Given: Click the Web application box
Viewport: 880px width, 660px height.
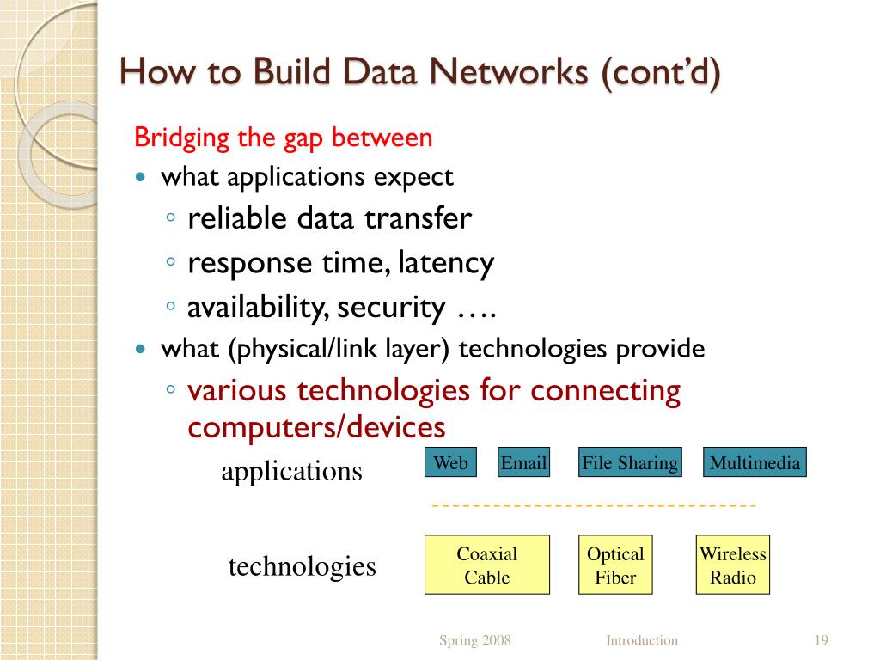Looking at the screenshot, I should click(x=450, y=463).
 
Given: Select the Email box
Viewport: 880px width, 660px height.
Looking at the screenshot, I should click(x=523, y=463).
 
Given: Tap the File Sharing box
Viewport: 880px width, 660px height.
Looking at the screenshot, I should click(x=630, y=463).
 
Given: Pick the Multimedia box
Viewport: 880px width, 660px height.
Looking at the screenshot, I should click(x=755, y=463).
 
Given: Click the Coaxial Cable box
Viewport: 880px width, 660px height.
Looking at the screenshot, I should click(x=487, y=565).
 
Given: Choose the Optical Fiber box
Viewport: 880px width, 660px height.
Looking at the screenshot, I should click(x=615, y=565).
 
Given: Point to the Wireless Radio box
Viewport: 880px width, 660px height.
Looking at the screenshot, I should click(x=733, y=565).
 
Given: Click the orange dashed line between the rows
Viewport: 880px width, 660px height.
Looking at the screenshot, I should click(x=593, y=506).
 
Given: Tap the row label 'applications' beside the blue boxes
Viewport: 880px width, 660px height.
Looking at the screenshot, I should click(x=291, y=471).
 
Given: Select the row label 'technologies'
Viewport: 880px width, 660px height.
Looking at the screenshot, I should click(x=302, y=566).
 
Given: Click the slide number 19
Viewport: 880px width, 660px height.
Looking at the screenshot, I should click(x=821, y=640).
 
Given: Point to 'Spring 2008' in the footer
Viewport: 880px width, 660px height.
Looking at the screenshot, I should click(x=475, y=640).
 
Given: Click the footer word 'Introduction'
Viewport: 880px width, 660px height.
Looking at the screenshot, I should click(x=642, y=640).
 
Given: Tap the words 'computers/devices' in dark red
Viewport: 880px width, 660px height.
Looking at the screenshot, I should click(x=316, y=427).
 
